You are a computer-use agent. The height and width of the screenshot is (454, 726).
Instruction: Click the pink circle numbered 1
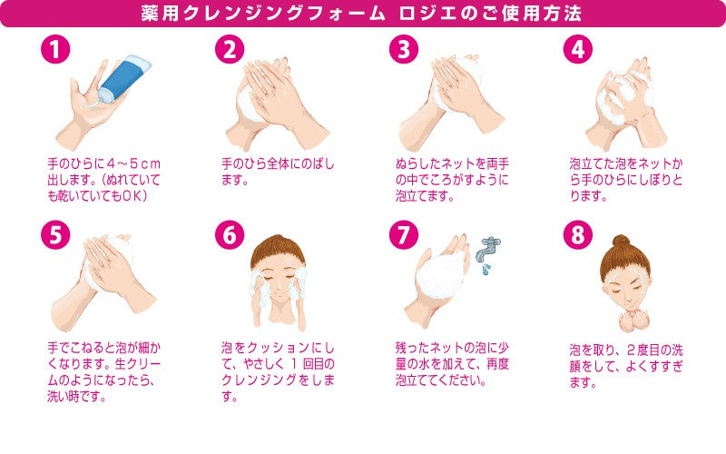[x=56, y=51]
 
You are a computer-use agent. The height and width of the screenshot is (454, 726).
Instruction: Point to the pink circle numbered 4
[x=578, y=51]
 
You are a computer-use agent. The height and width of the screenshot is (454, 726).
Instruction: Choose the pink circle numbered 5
[x=56, y=235]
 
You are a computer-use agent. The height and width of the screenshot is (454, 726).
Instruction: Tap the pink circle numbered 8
[x=578, y=235]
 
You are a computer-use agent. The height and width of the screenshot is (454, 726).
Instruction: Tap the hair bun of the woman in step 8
[x=620, y=241]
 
